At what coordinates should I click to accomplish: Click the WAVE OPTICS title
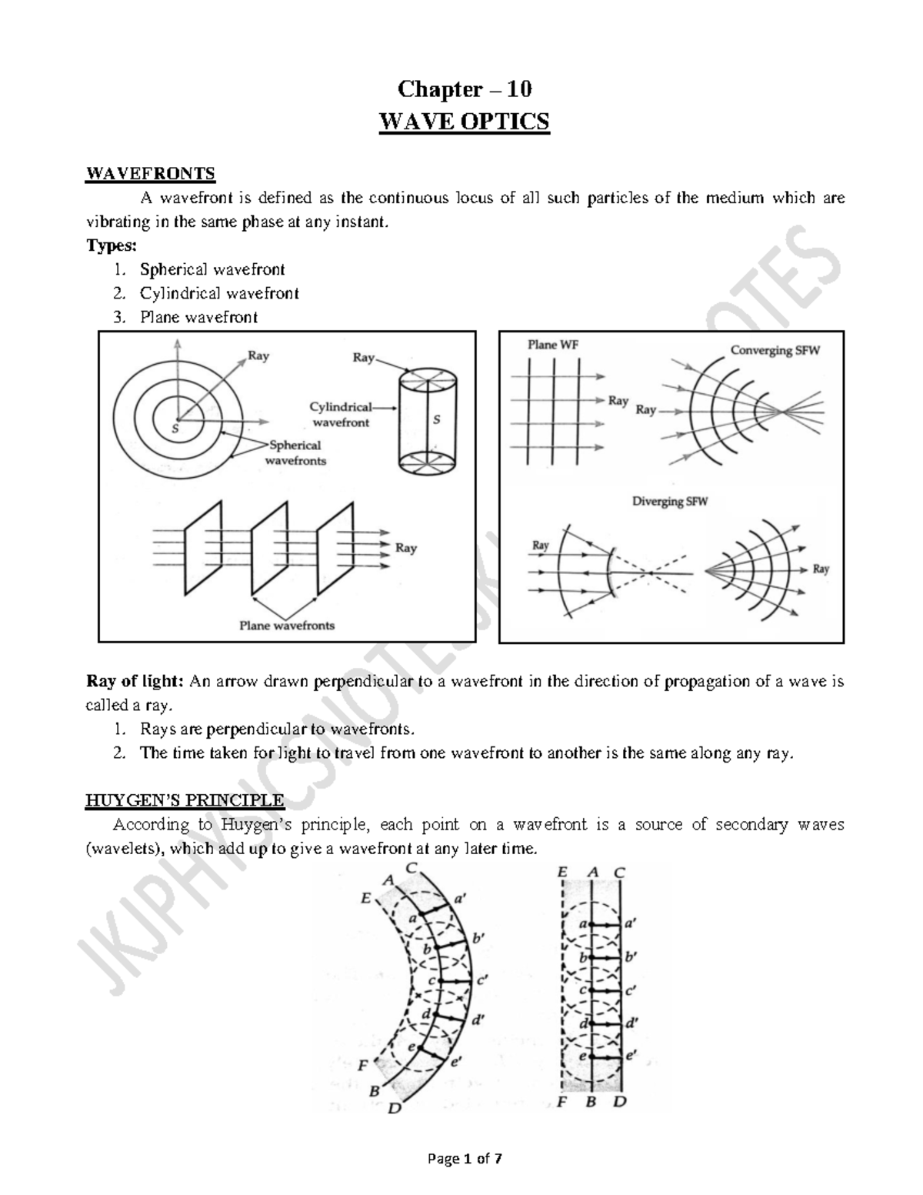[x=464, y=122]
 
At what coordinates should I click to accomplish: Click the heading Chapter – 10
[x=464, y=89]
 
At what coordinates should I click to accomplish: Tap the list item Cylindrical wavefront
[x=218, y=293]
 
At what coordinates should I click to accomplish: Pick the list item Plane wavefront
[x=198, y=317]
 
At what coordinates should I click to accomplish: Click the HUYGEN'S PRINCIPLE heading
[x=184, y=800]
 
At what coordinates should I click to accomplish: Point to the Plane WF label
[x=552, y=345]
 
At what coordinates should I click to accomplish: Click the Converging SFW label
[x=775, y=350]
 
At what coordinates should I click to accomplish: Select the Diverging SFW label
[x=669, y=501]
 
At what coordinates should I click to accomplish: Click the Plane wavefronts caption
[x=287, y=626]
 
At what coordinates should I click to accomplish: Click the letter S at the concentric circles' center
[x=175, y=429]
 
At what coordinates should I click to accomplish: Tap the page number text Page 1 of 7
[x=461, y=1159]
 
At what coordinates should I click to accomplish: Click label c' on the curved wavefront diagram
[x=482, y=980]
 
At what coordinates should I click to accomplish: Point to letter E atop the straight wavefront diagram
[x=561, y=872]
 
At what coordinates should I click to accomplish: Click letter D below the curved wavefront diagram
[x=394, y=1109]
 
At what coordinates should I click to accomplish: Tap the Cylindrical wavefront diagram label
[x=341, y=414]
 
